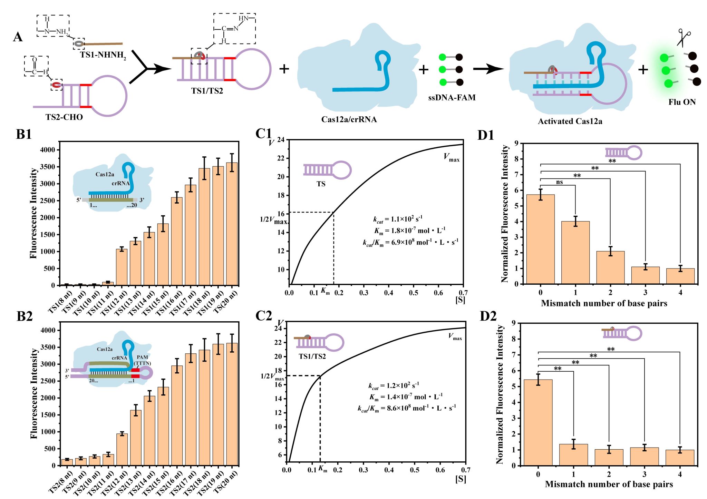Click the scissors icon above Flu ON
pos(683,37)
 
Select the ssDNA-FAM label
pos(452,98)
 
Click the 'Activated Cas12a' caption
pos(570,121)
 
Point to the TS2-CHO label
pos(64,117)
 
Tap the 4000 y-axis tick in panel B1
pos(47,150)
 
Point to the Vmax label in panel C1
pos(452,158)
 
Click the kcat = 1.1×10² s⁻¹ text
pos(398,219)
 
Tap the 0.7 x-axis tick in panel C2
pos(465,470)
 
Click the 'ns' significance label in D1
pos(559,182)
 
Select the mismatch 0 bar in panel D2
pos(538,422)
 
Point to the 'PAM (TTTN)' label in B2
pos(142,360)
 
